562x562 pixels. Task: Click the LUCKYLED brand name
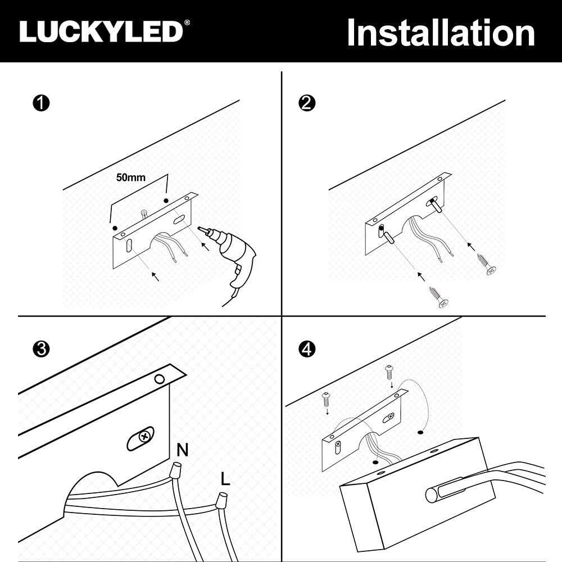[x=101, y=31]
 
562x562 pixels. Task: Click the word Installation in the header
[x=441, y=33]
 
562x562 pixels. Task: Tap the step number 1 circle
[x=41, y=103]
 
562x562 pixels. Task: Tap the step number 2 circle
[x=307, y=103]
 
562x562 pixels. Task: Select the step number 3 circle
[x=41, y=349]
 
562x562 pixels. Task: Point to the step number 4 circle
[x=307, y=349]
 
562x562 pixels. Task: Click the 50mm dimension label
[x=131, y=178]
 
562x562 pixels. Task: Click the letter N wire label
[x=183, y=450]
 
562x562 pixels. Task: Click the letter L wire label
[x=225, y=478]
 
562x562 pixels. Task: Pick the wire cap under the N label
[x=175, y=469]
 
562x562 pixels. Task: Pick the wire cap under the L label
[x=221, y=500]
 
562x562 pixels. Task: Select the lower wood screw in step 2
[x=439, y=296]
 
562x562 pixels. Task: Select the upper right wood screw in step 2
[x=486, y=264]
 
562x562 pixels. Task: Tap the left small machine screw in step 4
[x=326, y=400]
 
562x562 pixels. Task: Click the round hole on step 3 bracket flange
[x=159, y=379]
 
